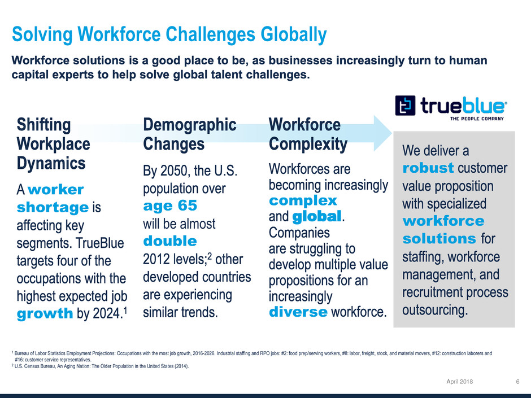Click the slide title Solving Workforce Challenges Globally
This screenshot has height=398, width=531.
click(x=169, y=34)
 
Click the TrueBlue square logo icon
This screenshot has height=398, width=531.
click(x=405, y=106)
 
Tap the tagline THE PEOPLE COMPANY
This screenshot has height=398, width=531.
click(x=477, y=119)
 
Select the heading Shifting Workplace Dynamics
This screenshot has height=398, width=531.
click(x=53, y=144)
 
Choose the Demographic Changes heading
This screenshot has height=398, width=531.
click(x=190, y=134)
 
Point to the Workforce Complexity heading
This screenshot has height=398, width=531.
click(x=308, y=134)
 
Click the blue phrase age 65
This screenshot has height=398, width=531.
click(x=170, y=205)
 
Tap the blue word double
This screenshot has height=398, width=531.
click(x=169, y=241)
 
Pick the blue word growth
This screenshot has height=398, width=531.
click(x=45, y=314)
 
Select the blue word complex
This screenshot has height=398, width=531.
click(x=303, y=200)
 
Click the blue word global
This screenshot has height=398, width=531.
click(x=317, y=217)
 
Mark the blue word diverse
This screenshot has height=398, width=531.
click(x=298, y=312)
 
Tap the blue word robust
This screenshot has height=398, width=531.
click(x=428, y=168)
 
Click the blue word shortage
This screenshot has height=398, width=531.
click(x=53, y=207)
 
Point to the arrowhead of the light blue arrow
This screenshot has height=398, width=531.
click(x=392, y=133)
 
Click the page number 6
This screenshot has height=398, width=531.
click(x=517, y=382)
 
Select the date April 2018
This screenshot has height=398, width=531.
click(x=460, y=382)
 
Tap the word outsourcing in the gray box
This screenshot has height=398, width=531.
click(x=435, y=310)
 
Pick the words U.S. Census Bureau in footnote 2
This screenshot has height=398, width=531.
click(x=34, y=366)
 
